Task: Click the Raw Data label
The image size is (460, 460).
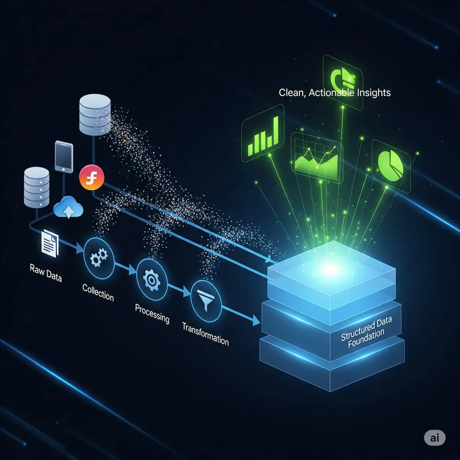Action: click(46, 272)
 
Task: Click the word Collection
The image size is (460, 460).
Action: click(98, 292)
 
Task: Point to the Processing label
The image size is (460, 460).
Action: click(152, 313)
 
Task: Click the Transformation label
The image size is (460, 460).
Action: click(205, 333)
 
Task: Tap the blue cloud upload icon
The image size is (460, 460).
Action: click(68, 208)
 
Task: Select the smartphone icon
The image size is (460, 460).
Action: click(64, 156)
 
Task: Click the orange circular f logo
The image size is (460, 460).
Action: click(91, 177)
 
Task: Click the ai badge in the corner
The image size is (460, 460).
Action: click(435, 437)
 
